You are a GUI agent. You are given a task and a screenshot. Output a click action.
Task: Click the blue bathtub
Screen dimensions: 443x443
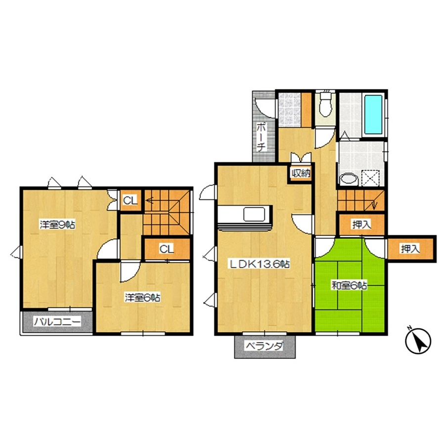click(373, 115)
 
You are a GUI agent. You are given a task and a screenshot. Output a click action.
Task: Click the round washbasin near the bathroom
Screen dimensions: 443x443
click(349, 179)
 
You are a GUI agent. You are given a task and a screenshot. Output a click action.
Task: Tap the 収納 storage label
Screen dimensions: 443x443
click(301, 173)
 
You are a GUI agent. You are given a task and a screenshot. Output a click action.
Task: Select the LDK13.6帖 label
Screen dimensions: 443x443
click(259, 265)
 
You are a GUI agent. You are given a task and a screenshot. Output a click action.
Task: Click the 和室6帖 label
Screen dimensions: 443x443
click(349, 285)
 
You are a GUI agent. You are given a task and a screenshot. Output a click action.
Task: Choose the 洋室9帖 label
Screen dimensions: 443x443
click(57, 225)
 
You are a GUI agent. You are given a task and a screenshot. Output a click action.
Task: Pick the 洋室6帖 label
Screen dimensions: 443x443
click(143, 298)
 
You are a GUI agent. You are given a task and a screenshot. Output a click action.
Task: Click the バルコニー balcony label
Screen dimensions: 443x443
click(57, 322)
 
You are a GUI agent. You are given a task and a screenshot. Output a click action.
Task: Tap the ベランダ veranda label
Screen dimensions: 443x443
click(265, 346)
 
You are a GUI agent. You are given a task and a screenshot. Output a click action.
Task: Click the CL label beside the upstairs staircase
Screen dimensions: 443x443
click(130, 200)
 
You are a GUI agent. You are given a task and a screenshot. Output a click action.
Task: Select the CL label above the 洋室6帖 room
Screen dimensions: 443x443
click(167, 249)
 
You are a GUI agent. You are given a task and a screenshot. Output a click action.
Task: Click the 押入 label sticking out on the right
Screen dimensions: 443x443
click(410, 249)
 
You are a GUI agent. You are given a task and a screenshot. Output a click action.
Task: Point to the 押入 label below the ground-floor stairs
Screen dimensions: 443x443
click(361, 224)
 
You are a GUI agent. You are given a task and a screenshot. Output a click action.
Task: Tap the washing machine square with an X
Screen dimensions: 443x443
click(371, 177)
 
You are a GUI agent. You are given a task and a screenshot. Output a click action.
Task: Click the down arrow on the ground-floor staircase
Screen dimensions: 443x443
click(374, 205)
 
